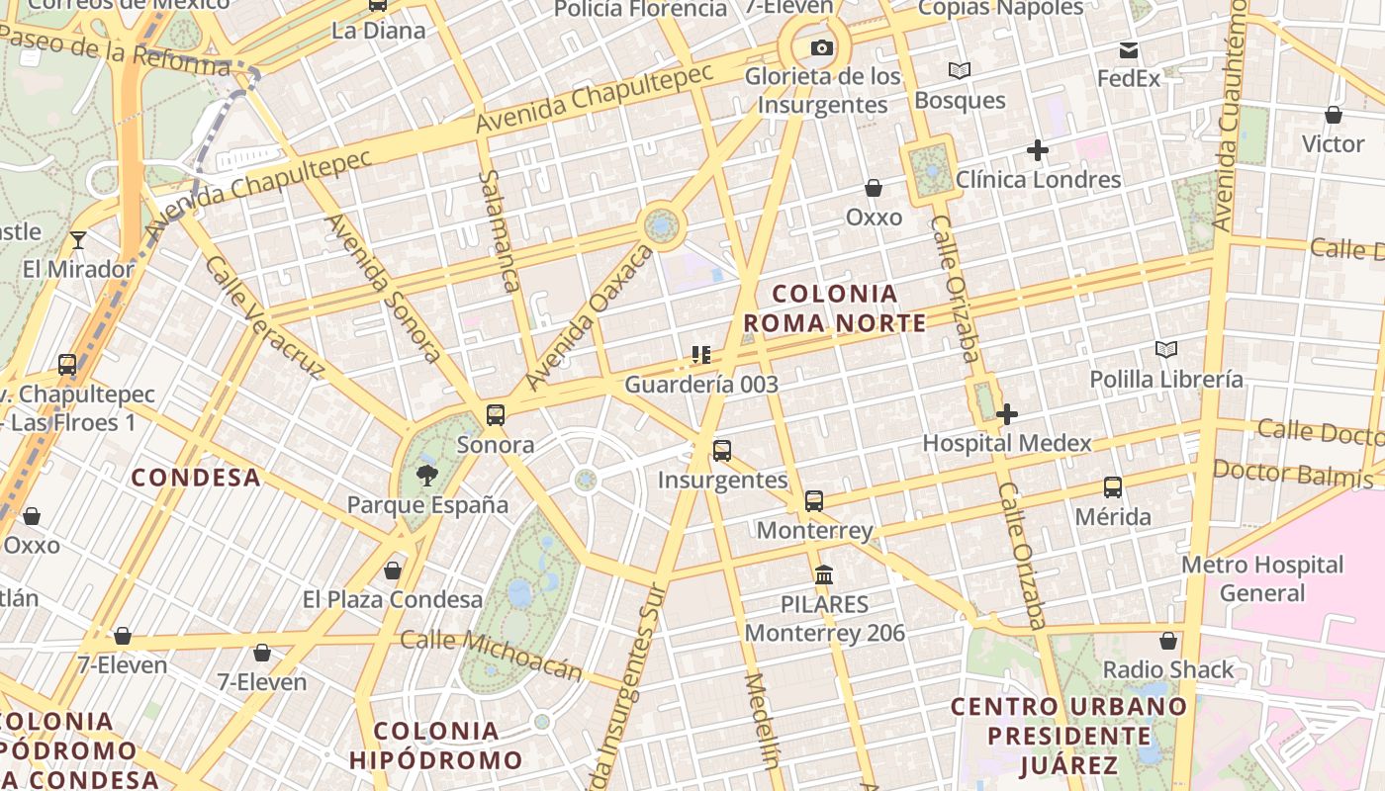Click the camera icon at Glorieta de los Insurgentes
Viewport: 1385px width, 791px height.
coord(821,47)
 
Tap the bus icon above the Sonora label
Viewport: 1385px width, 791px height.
coord(496,415)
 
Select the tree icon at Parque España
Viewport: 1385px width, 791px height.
coord(427,476)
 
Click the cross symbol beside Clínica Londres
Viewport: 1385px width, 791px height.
coord(1037,150)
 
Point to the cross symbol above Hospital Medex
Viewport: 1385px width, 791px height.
coord(1007,414)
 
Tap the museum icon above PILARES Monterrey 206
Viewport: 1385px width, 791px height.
coord(823,574)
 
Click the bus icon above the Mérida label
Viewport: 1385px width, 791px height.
coord(1113,487)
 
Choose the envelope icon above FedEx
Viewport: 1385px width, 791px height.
coord(1129,50)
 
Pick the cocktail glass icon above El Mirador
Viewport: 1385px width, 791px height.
coord(77,240)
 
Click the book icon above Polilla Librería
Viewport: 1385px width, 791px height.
coord(1166,349)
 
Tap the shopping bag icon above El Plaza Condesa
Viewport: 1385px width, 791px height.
coord(393,571)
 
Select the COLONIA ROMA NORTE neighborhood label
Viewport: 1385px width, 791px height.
coord(835,308)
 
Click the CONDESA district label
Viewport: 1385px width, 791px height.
coord(196,478)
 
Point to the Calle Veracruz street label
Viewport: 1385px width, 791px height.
coord(265,317)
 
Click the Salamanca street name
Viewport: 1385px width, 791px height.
coord(499,230)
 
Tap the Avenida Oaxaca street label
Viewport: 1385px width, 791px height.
coord(590,317)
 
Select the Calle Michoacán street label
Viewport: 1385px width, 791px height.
coord(491,655)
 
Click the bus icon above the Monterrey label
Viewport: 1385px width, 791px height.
coord(813,501)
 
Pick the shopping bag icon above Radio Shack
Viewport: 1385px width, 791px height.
coord(1168,641)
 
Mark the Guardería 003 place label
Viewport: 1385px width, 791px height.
coord(701,385)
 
